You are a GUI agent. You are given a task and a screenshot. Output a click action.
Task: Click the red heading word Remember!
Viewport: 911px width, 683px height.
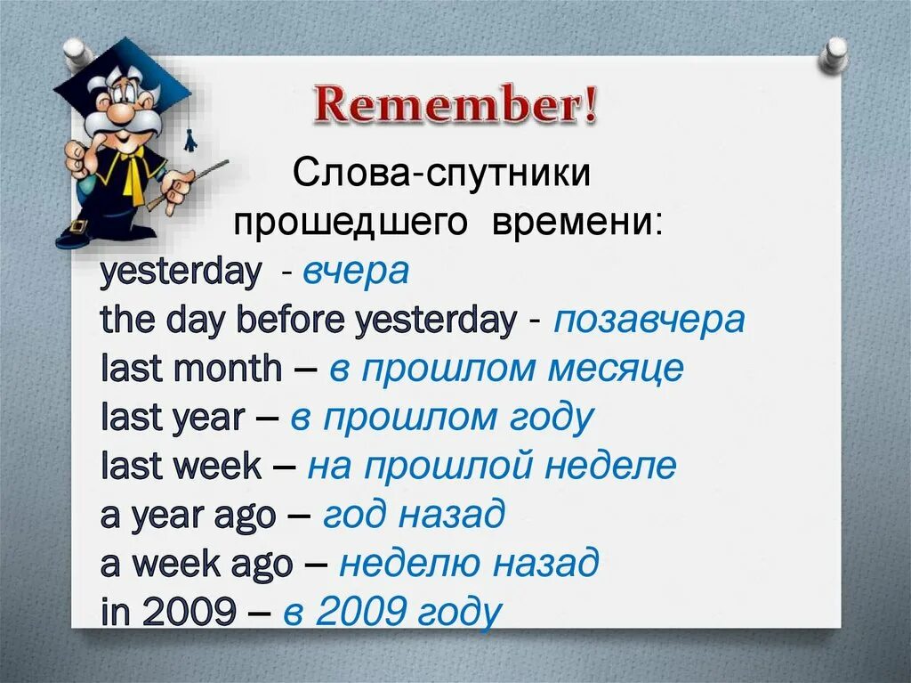[x=455, y=103]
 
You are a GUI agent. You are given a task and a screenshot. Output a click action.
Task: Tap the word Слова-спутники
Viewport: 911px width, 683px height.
[x=441, y=173]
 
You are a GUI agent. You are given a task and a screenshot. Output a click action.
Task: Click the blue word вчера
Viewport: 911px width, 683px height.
[x=356, y=272]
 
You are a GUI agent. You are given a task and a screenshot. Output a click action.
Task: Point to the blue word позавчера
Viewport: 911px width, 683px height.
[x=649, y=320]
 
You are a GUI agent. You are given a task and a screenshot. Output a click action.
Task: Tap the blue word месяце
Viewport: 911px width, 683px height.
[x=616, y=369]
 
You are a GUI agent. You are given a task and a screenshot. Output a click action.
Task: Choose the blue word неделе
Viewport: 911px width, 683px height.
[x=610, y=467]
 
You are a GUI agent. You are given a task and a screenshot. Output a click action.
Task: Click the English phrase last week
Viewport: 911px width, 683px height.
[x=181, y=466]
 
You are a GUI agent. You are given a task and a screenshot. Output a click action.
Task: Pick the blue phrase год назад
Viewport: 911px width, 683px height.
[x=414, y=516]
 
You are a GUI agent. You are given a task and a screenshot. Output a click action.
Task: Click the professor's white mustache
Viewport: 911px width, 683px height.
[x=123, y=123]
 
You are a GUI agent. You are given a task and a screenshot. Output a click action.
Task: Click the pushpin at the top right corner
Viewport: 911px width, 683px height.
[x=834, y=56]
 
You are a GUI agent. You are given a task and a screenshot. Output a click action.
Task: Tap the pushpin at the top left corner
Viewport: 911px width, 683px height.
[x=77, y=53]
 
